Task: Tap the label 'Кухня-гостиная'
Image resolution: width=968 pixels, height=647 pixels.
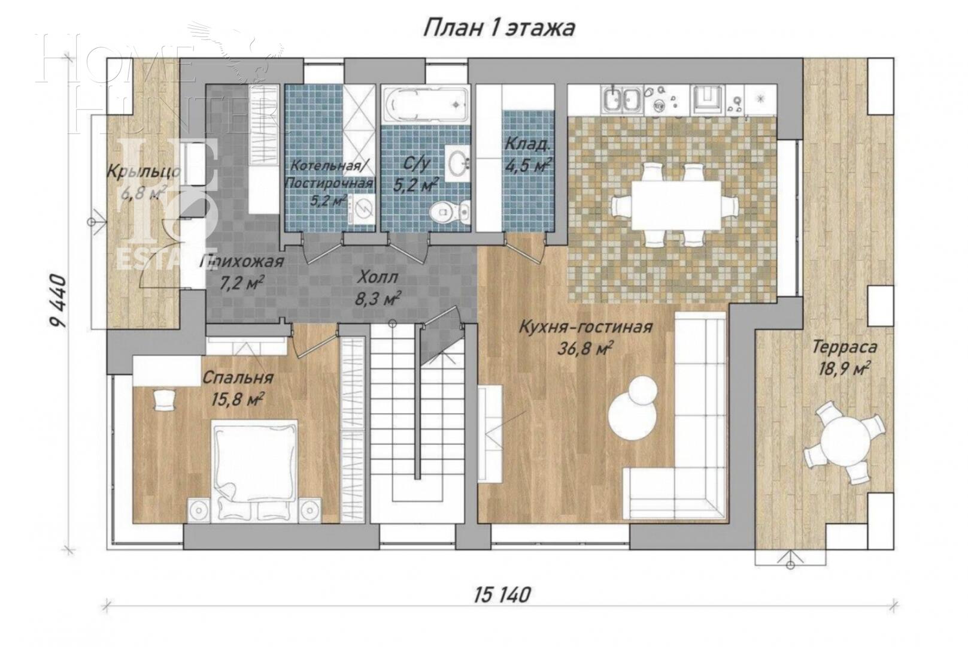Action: click(585, 328)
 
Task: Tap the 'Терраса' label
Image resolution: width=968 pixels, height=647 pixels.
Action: click(845, 347)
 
